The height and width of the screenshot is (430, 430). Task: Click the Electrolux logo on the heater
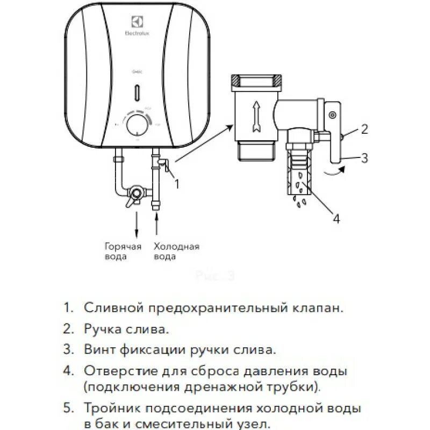click(138, 25)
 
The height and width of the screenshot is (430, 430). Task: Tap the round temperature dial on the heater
click(138, 124)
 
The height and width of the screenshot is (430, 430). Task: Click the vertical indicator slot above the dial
click(138, 93)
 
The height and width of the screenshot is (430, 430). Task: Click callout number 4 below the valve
click(336, 219)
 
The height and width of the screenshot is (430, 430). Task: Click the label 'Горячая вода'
click(123, 252)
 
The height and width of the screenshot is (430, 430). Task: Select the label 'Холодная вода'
click(176, 252)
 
